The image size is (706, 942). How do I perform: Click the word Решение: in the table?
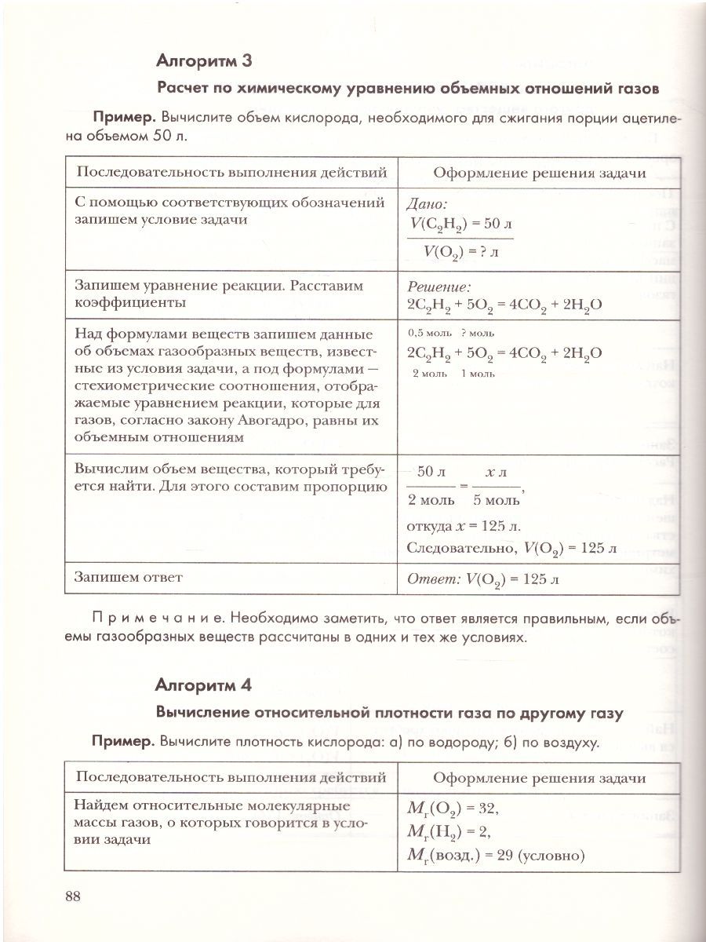click(x=439, y=287)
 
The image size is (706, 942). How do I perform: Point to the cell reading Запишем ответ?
click(x=129, y=577)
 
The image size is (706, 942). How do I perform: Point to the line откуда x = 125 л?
click(x=464, y=525)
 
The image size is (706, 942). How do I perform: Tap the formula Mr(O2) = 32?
click(x=454, y=808)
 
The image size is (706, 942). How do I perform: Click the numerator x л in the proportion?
click(x=496, y=473)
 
